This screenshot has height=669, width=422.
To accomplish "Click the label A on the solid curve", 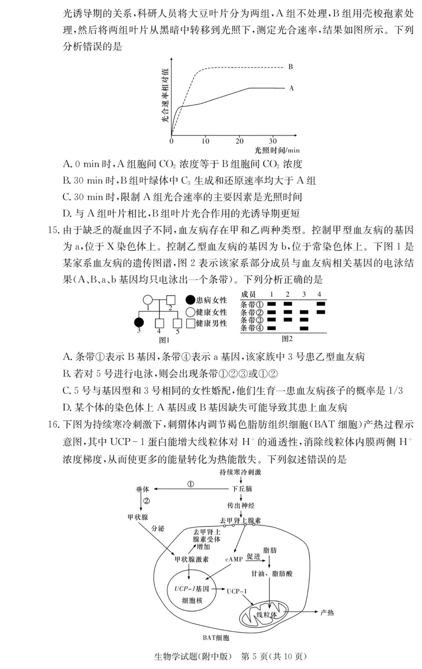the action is (x=291, y=89).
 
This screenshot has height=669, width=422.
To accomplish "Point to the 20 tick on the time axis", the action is (x=239, y=141).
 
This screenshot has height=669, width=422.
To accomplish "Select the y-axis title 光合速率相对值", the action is (x=165, y=95).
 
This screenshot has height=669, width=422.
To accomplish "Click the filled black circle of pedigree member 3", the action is (x=139, y=323).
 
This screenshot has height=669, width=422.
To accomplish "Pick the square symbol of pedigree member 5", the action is (x=177, y=323).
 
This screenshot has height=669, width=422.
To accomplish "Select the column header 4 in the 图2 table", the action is (x=320, y=294).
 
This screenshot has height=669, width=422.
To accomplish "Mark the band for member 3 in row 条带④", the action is (x=303, y=328).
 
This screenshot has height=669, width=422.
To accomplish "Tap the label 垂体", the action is (x=142, y=489).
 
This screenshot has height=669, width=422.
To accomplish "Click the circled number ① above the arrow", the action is (x=191, y=483).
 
